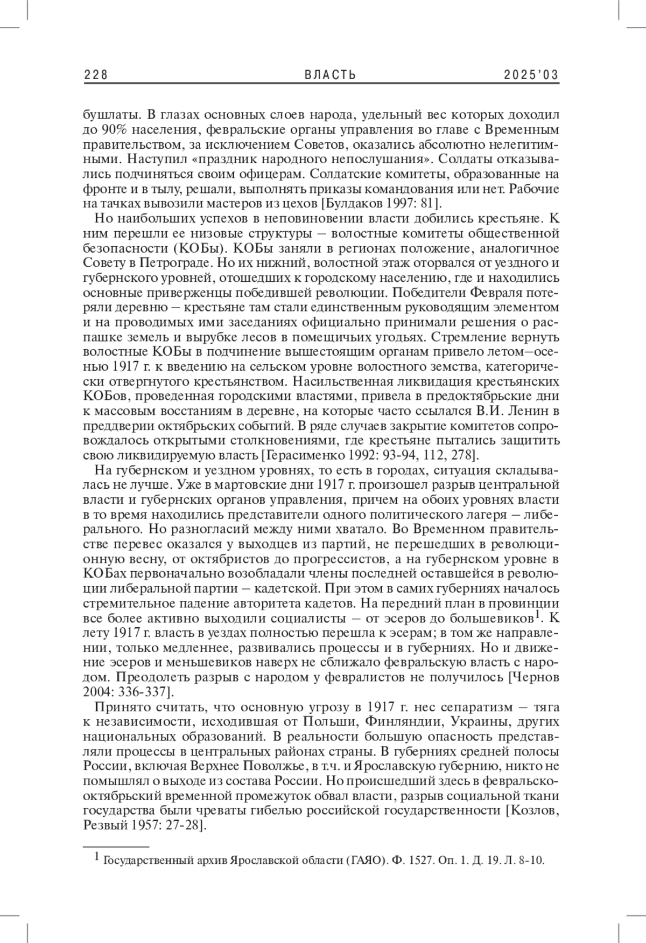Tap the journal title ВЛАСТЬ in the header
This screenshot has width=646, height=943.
point(331,75)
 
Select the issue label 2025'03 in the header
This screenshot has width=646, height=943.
point(531,75)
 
